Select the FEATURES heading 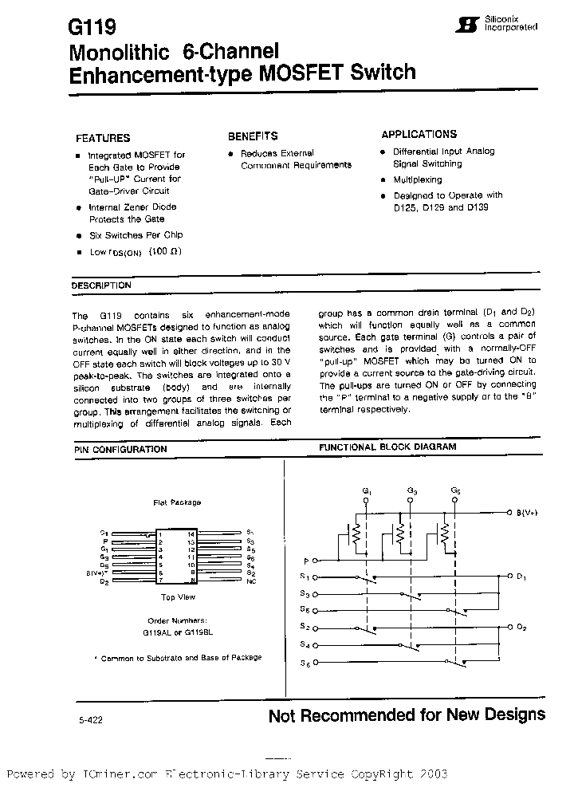click(103, 137)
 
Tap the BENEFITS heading click(253, 136)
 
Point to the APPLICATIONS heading click(419, 135)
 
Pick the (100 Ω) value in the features click(165, 252)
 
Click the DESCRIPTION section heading click(101, 285)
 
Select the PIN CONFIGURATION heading click(120, 450)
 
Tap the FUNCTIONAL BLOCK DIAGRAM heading click(387, 447)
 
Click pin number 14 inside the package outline click(191, 533)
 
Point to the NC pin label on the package click(250, 581)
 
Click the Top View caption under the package click(178, 596)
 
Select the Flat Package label click(177, 502)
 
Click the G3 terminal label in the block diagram click(411, 491)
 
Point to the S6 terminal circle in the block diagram click(317, 662)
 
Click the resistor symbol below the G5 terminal click(446, 531)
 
